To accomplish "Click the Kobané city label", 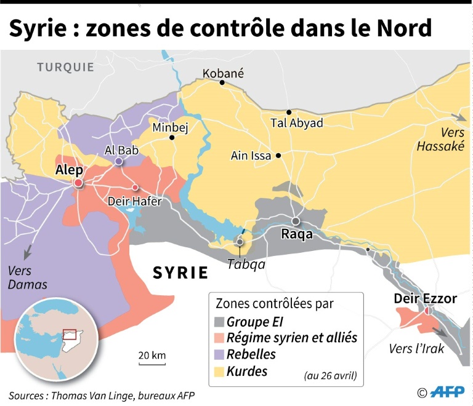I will (x=224, y=73).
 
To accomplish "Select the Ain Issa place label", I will (x=251, y=156).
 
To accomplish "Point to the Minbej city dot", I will (x=172, y=138).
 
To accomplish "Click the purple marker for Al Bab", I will (x=118, y=162).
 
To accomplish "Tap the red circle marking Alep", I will (x=78, y=183).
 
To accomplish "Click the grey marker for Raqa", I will (x=296, y=221).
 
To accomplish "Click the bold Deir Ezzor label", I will (x=426, y=298).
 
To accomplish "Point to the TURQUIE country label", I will (x=65, y=67).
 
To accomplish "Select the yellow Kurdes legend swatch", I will (x=219, y=372).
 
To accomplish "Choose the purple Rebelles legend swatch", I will (x=219, y=355).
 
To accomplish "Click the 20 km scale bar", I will (x=152, y=363).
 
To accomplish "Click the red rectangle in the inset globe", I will (x=69, y=335).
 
